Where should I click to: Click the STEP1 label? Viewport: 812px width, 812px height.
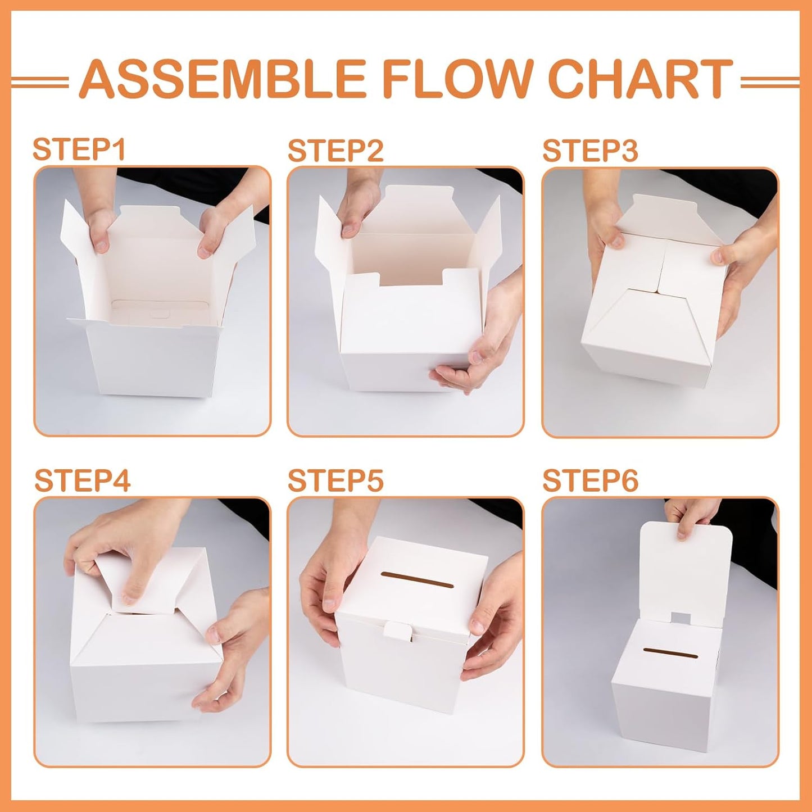tap(79, 149)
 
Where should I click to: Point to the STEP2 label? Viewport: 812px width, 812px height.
tap(335, 151)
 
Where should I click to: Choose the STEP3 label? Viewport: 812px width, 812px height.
tap(590, 151)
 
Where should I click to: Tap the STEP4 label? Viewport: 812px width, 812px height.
tap(82, 480)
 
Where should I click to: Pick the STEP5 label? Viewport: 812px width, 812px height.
tap(335, 480)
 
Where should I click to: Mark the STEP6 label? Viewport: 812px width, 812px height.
tap(590, 480)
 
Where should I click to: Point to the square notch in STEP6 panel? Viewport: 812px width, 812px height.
tap(681, 618)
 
